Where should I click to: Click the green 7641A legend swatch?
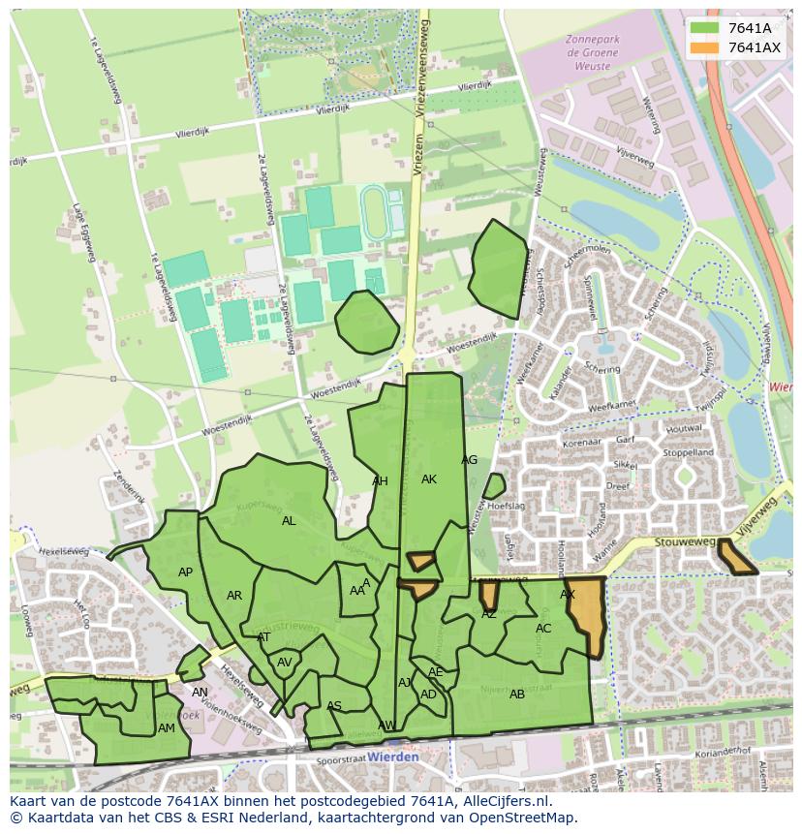pos(704,28)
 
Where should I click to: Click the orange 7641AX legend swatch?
pos(704,47)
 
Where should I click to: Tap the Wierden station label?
pos(393,757)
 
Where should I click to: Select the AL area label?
pos(289,521)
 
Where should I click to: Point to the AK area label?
pos(429,479)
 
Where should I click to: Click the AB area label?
pos(517,694)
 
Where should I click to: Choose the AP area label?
pos(185,572)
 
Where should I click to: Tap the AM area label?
pos(167,728)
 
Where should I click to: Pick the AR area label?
pos(234,596)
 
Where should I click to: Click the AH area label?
pos(380,481)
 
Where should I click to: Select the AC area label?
pos(543,629)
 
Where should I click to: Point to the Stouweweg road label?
pos(683,544)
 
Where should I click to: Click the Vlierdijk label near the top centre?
pos(332,109)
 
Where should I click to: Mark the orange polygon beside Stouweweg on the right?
pos(737,557)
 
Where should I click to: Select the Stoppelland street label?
pos(688,452)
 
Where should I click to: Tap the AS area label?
pos(334,706)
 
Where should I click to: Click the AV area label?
pos(285,663)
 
